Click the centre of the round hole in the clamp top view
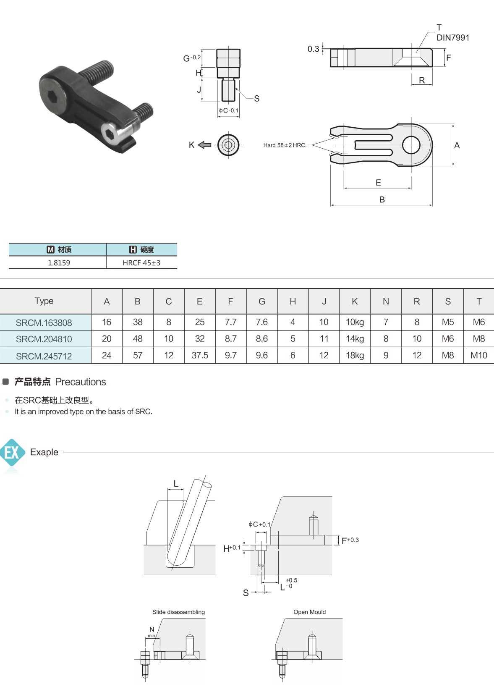(411, 145)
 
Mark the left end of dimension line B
(331, 204)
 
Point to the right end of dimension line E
(411, 188)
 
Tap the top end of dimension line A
(453, 124)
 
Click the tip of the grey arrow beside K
(198, 144)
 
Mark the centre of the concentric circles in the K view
(228, 144)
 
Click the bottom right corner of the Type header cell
(91, 314)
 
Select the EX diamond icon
(12, 452)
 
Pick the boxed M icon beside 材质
(50, 249)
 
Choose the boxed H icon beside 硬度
(133, 249)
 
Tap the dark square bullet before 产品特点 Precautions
(5, 382)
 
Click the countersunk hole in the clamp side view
(411, 58)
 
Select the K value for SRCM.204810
(355, 339)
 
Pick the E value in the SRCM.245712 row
(200, 355)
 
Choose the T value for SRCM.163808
(479, 322)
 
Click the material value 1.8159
(59, 263)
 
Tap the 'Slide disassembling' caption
(178, 612)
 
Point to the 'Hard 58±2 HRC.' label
(285, 145)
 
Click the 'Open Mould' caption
(310, 612)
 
